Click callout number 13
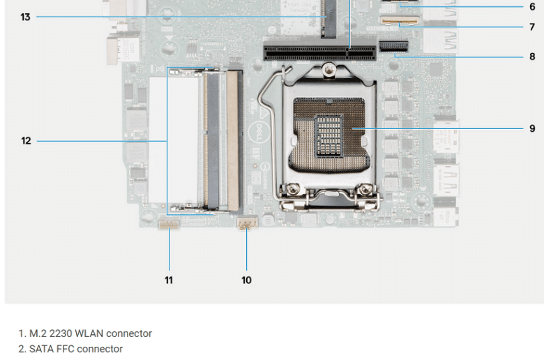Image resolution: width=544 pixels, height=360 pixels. tap(25, 17)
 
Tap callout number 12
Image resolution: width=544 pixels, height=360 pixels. tap(26, 141)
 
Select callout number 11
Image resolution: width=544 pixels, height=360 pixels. tap(169, 280)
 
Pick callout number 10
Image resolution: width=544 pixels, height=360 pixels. tap(246, 280)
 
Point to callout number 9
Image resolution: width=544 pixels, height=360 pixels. tap(532, 128)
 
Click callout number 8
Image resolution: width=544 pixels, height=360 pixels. tap(532, 57)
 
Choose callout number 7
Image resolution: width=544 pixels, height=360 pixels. tap(532, 27)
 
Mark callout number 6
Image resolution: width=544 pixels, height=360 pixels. tap(532, 6)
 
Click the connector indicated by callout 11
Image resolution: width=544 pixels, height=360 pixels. tap(169, 225)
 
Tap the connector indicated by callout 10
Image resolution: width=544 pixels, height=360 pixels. tap(247, 223)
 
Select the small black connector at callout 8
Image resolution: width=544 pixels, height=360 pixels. tap(394, 46)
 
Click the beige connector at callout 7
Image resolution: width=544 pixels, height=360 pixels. tap(399, 20)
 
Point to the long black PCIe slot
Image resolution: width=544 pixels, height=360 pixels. tap(319, 53)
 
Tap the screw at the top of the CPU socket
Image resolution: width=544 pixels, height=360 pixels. tap(328, 70)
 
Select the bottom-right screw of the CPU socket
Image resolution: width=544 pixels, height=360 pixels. tap(365, 189)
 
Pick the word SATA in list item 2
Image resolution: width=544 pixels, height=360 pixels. tap(40, 349)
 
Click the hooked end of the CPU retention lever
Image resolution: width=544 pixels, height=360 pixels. tap(286, 70)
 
